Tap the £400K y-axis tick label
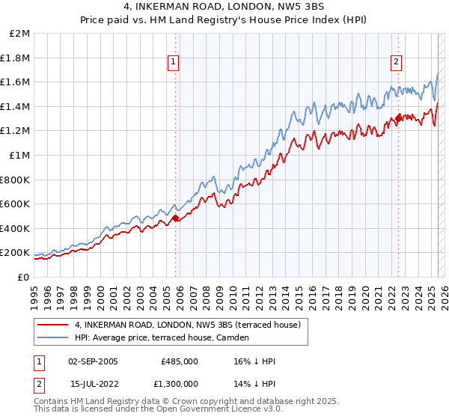pos(16,228)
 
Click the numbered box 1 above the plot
pos(174,62)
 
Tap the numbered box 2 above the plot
pos(396,62)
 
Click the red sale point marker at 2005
pos(176,218)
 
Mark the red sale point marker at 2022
pos(398,118)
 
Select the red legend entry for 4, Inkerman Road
pos(187,325)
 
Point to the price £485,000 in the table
pos(179,361)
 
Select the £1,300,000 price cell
pos(179,384)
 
